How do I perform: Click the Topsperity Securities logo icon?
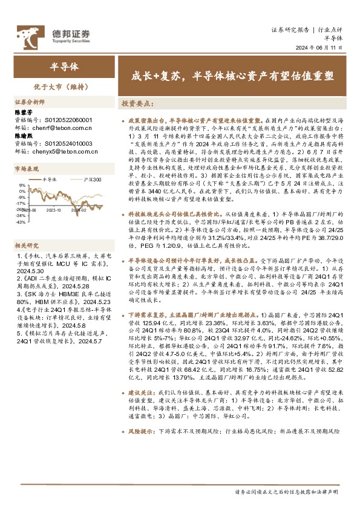27,33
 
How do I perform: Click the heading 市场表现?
25,169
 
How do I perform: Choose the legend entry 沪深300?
92,180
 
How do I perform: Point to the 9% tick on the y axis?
22,185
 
